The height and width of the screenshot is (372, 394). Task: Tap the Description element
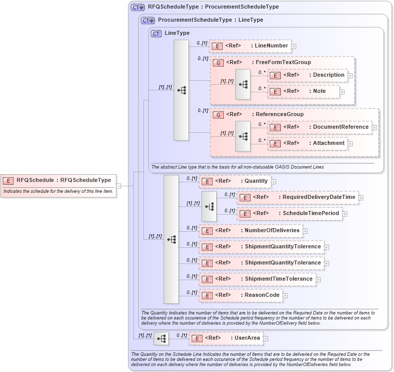coord(308,75)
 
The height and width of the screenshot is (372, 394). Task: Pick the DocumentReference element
coord(320,127)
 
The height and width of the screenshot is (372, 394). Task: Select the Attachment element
coord(308,143)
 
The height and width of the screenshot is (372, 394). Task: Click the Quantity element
coord(235,181)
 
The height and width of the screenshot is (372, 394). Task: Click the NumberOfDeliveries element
coord(251,231)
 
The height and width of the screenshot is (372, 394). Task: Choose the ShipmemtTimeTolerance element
coord(257,279)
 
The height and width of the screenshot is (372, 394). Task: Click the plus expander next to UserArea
coord(266,339)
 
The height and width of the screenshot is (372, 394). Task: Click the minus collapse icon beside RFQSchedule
coord(119,186)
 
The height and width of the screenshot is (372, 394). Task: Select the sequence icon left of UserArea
coord(161,338)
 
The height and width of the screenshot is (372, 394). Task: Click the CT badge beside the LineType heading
coord(156,33)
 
